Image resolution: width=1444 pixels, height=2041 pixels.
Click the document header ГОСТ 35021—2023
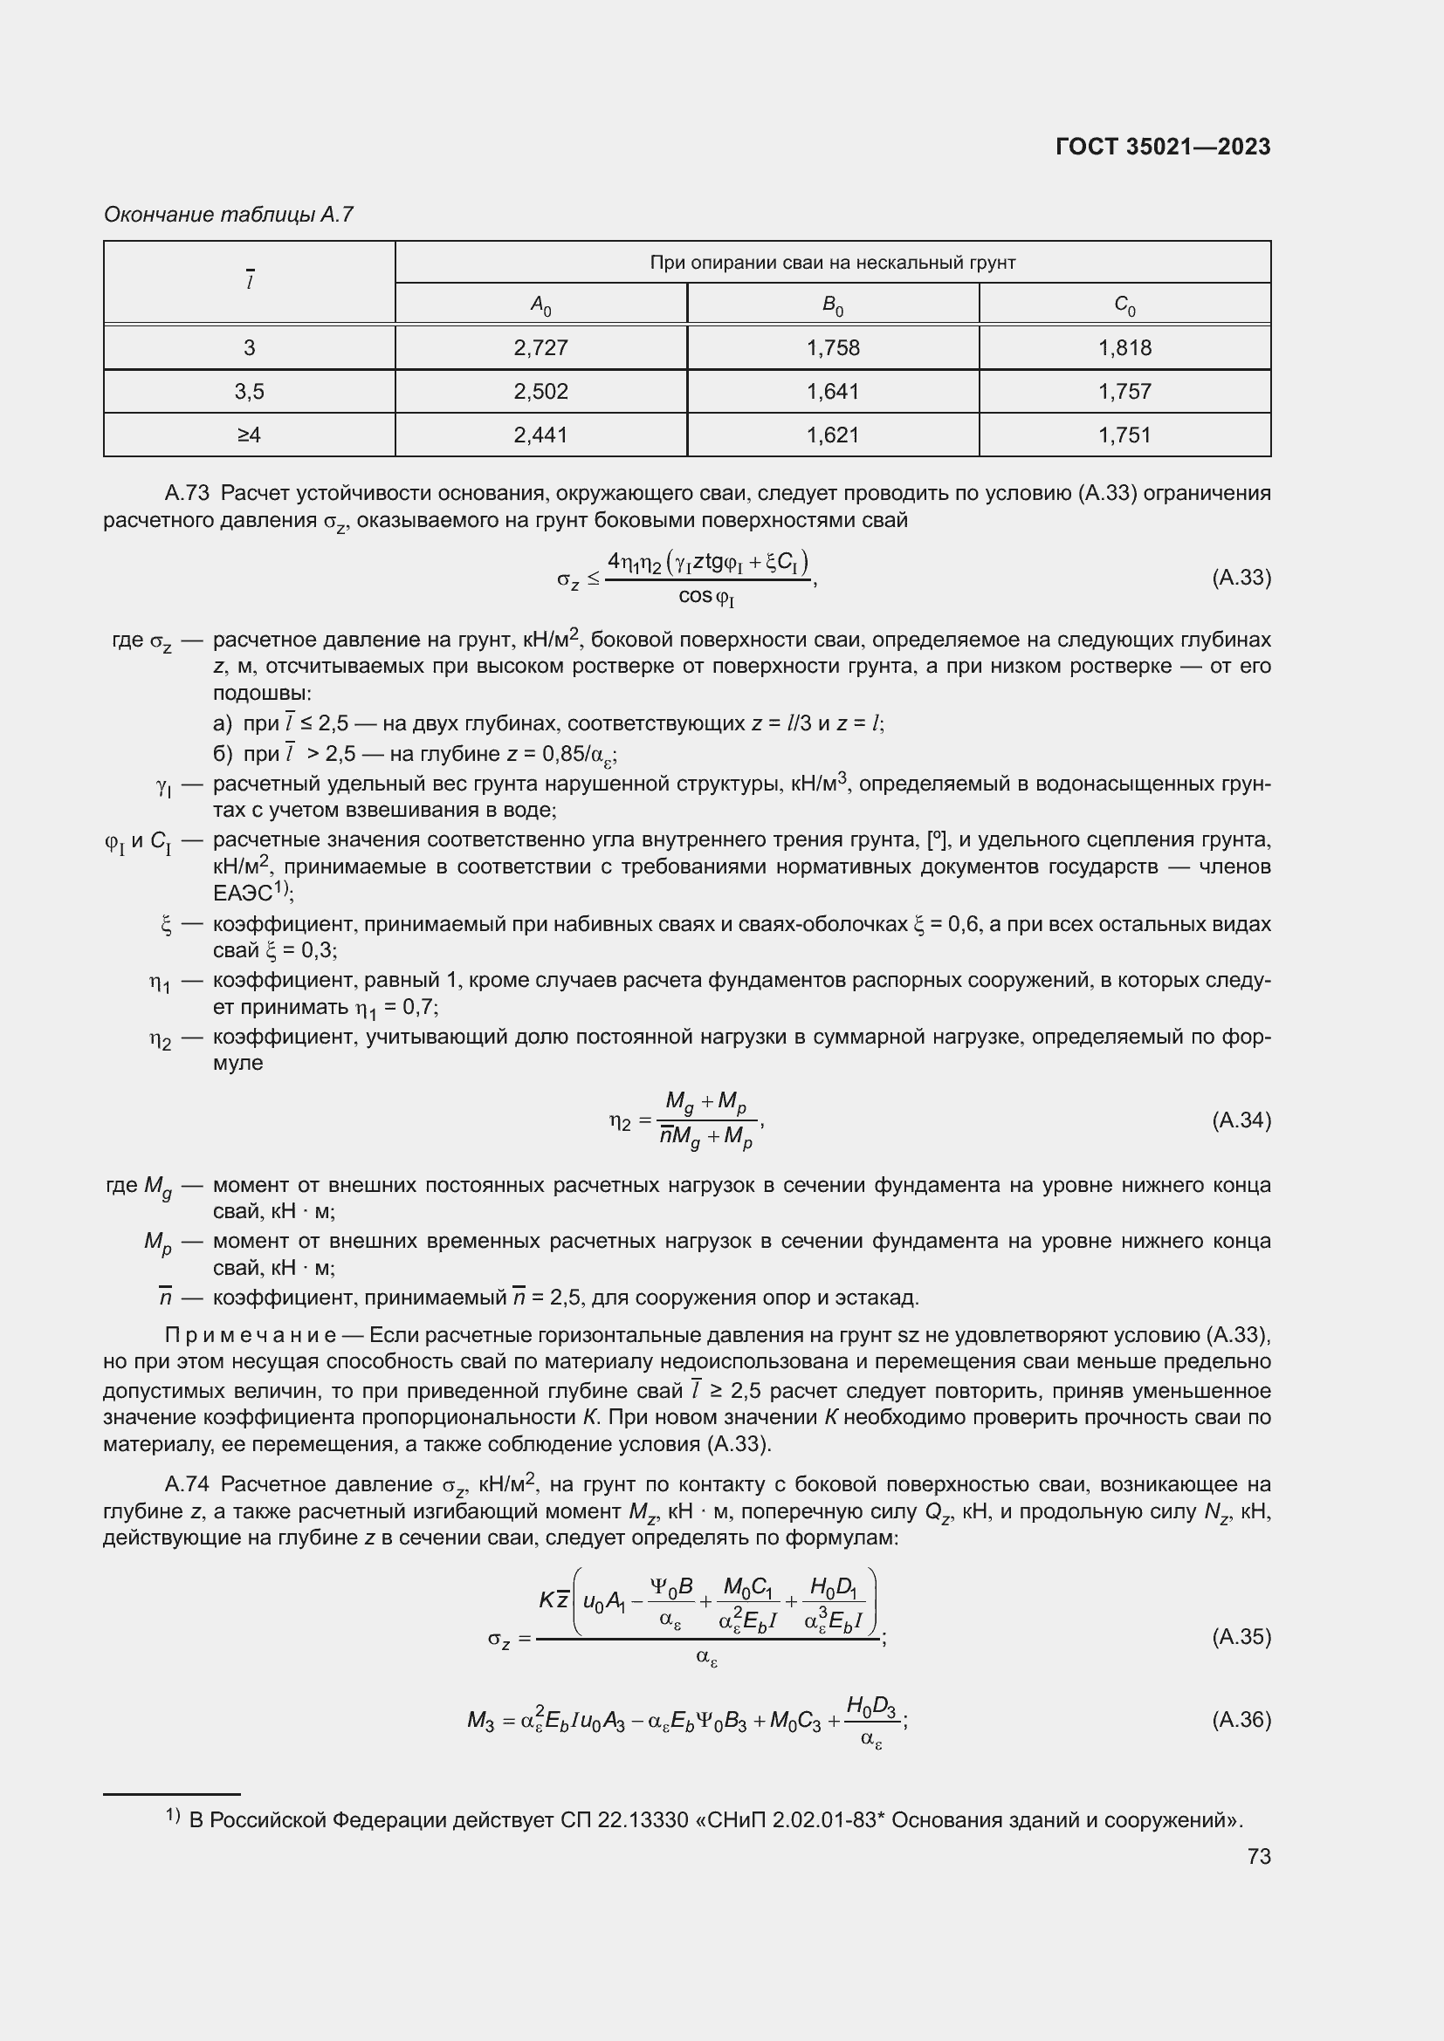point(1162,147)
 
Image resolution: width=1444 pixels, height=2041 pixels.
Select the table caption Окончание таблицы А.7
point(229,215)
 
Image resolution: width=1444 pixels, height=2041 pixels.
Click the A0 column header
point(540,305)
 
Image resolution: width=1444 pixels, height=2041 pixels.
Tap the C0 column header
point(1124,305)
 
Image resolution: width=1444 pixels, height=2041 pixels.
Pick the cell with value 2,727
point(540,347)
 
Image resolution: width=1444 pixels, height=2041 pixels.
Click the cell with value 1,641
point(832,391)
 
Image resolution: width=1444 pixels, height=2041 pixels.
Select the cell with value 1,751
point(1124,435)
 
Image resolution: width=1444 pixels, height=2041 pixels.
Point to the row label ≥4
point(249,435)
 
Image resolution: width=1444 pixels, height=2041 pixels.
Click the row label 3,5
point(249,391)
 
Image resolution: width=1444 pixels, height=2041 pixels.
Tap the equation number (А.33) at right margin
point(1241,578)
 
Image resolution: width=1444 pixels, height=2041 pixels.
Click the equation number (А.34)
point(1241,1120)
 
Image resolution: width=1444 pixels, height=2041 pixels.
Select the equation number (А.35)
point(1241,1636)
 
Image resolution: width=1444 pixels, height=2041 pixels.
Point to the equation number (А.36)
point(1241,1719)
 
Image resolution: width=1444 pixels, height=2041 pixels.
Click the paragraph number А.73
point(187,493)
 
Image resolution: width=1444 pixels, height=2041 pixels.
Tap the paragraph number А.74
point(187,1484)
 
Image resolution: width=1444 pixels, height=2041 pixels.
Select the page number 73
point(1258,1856)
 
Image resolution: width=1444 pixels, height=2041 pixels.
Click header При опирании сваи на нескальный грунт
point(832,263)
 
